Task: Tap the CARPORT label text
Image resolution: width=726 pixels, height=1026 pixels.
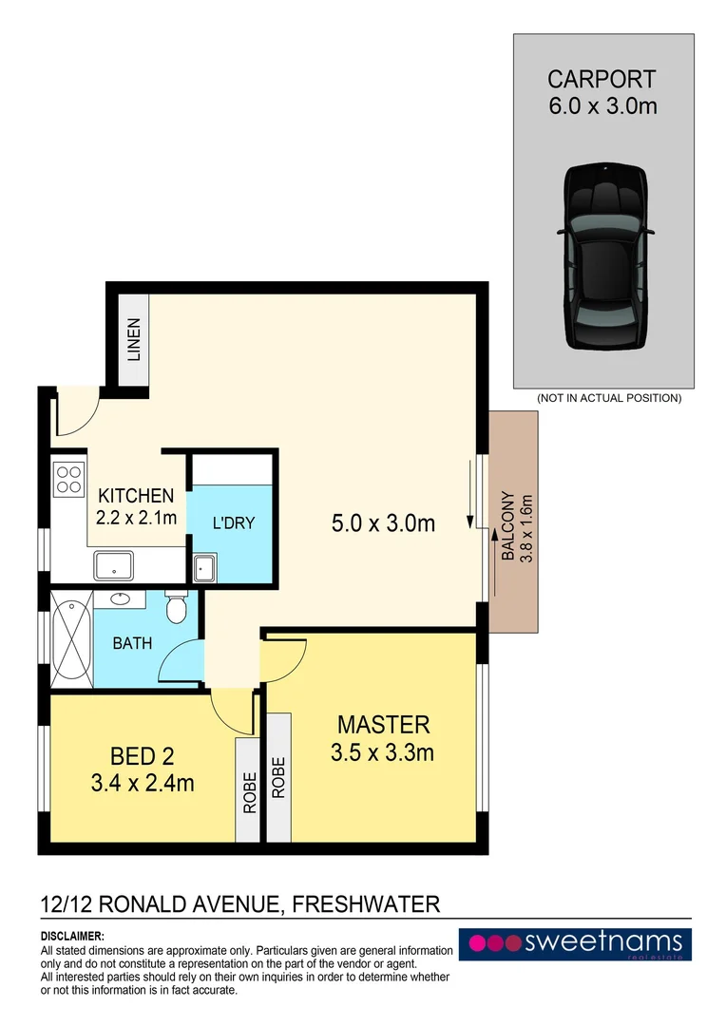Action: pyautogui.click(x=602, y=80)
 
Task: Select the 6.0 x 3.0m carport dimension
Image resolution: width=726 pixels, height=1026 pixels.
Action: pyautogui.click(x=602, y=105)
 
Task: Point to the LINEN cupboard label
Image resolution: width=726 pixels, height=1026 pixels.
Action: pyautogui.click(x=134, y=340)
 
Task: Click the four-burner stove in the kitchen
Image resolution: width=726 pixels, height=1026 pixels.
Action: pyautogui.click(x=68, y=478)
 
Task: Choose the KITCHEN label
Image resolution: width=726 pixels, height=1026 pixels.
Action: pyautogui.click(x=137, y=495)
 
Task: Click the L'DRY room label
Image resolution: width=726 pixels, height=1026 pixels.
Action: pyautogui.click(x=234, y=522)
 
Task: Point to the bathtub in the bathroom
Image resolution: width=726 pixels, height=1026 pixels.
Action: pyautogui.click(x=71, y=639)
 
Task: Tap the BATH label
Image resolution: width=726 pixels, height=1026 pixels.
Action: pyautogui.click(x=132, y=643)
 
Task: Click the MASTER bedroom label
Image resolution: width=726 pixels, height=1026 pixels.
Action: pyautogui.click(x=384, y=724)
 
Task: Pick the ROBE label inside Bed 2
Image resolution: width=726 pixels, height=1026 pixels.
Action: pyautogui.click(x=250, y=791)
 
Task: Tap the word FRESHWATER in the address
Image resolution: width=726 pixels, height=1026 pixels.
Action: pyautogui.click(x=367, y=903)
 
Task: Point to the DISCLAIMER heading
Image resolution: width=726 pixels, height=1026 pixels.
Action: pyautogui.click(x=72, y=936)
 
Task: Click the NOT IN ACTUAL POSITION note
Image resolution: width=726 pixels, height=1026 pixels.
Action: pyautogui.click(x=609, y=398)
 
